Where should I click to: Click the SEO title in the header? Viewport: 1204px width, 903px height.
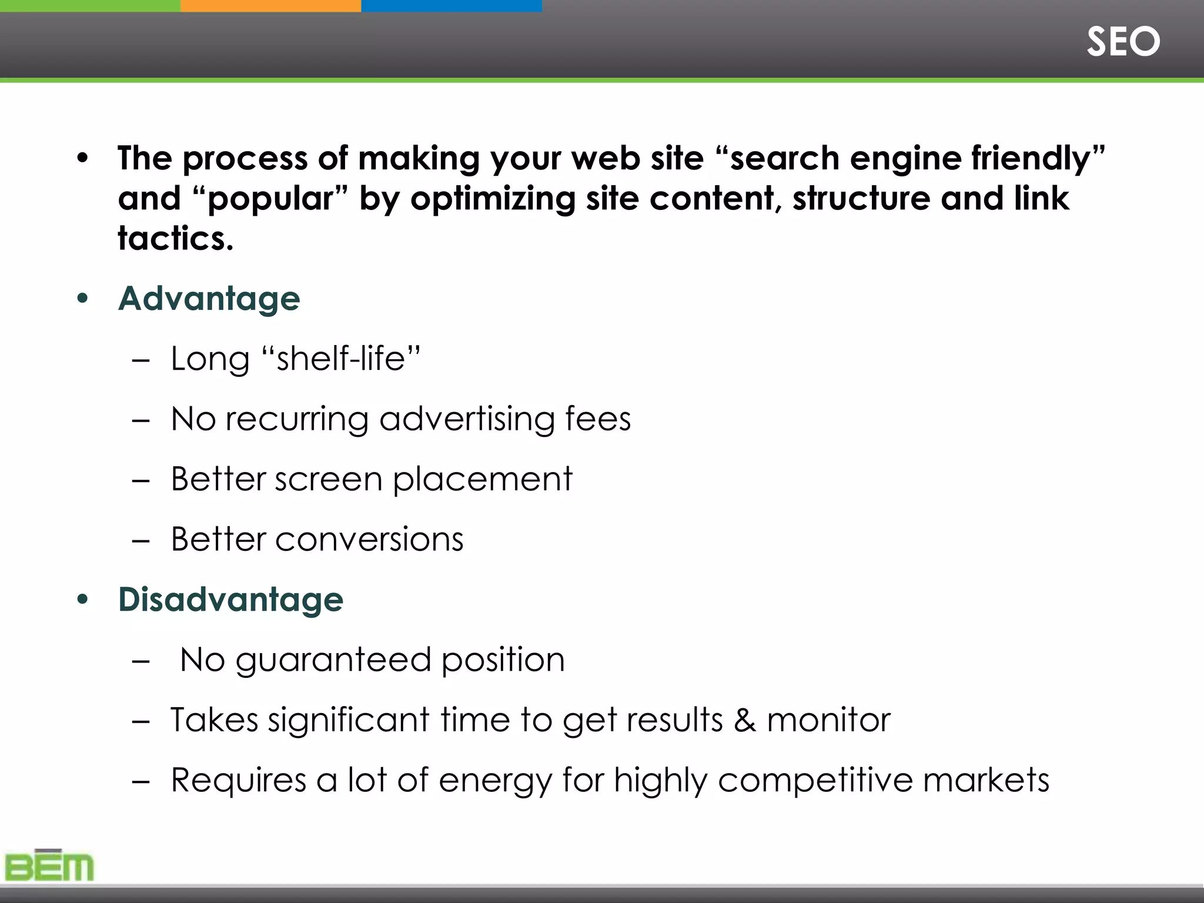point(1123,42)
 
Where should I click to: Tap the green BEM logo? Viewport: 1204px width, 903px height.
point(49,866)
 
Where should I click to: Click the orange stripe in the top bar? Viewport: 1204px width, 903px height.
point(270,6)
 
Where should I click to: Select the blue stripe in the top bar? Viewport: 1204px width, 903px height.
point(451,6)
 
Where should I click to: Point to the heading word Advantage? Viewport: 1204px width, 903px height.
point(209,299)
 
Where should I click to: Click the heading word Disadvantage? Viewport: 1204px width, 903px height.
point(231,600)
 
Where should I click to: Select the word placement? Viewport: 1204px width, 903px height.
point(482,480)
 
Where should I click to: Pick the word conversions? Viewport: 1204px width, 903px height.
point(369,539)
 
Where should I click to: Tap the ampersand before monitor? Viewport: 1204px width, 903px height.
point(744,720)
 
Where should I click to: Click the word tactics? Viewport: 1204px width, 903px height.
point(175,238)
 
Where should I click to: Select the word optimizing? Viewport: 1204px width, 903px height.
point(493,199)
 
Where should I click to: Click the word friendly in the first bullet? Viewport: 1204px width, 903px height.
point(1031,159)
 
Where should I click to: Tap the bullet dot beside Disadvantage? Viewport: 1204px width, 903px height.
point(82,600)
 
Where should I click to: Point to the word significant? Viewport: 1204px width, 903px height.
point(349,721)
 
